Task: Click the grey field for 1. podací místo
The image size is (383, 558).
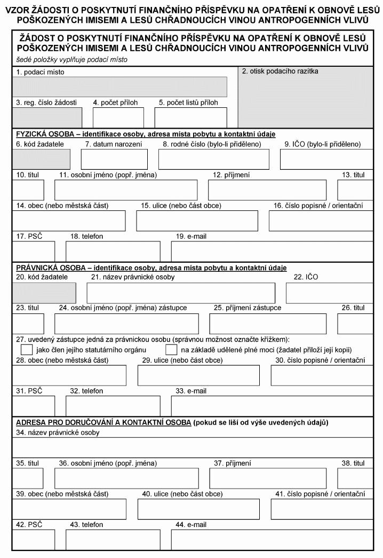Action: point(120,87)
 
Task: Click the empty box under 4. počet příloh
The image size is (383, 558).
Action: point(118,117)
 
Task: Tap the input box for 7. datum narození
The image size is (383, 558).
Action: point(114,159)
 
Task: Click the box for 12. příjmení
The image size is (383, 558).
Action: point(267,190)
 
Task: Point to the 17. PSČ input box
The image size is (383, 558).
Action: point(33,251)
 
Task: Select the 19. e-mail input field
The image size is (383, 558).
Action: point(272,251)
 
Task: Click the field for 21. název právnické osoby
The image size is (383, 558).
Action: point(181,293)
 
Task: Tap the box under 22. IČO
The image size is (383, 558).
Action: point(329,293)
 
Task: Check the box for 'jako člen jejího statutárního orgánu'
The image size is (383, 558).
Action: point(27,350)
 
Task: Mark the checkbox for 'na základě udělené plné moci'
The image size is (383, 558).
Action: point(171,350)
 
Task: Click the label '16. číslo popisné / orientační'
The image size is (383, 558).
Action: point(318,206)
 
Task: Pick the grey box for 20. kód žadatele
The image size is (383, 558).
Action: point(44,293)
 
